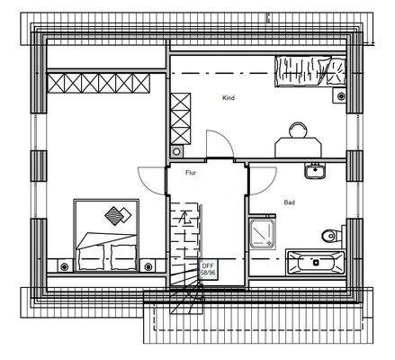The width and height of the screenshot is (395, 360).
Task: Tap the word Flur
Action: (x=190, y=171)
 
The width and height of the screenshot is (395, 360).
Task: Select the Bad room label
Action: (x=288, y=202)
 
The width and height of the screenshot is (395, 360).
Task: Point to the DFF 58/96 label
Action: (x=208, y=268)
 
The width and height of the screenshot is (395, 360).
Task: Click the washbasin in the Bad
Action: (x=315, y=170)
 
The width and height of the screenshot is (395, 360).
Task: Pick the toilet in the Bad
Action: (x=330, y=237)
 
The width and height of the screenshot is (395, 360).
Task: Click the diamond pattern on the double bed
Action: (x=115, y=216)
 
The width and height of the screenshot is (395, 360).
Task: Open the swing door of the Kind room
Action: (x=216, y=144)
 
